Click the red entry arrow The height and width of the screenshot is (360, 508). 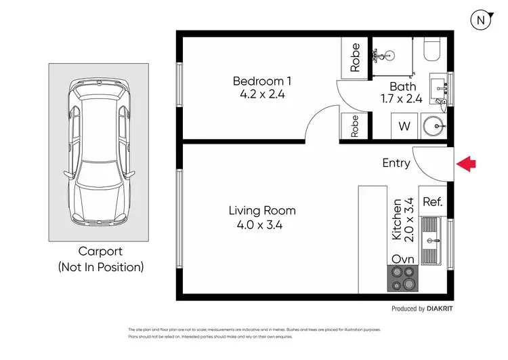click(466, 164)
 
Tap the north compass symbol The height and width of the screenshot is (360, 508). click(482, 20)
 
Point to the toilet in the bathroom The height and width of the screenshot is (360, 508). click(432, 49)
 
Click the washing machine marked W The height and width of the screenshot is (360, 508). click(404, 126)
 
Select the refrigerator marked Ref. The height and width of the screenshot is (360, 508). click(433, 201)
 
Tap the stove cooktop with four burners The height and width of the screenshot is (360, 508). click(403, 279)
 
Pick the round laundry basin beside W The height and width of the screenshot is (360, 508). click(433, 126)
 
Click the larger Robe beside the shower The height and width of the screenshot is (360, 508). click(355, 58)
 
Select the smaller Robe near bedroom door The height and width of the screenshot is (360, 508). click(355, 126)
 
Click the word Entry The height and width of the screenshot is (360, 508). click(396, 163)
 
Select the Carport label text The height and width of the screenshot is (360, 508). click(100, 252)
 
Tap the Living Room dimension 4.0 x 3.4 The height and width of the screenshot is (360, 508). click(259, 225)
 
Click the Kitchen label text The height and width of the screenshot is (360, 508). click(397, 219)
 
